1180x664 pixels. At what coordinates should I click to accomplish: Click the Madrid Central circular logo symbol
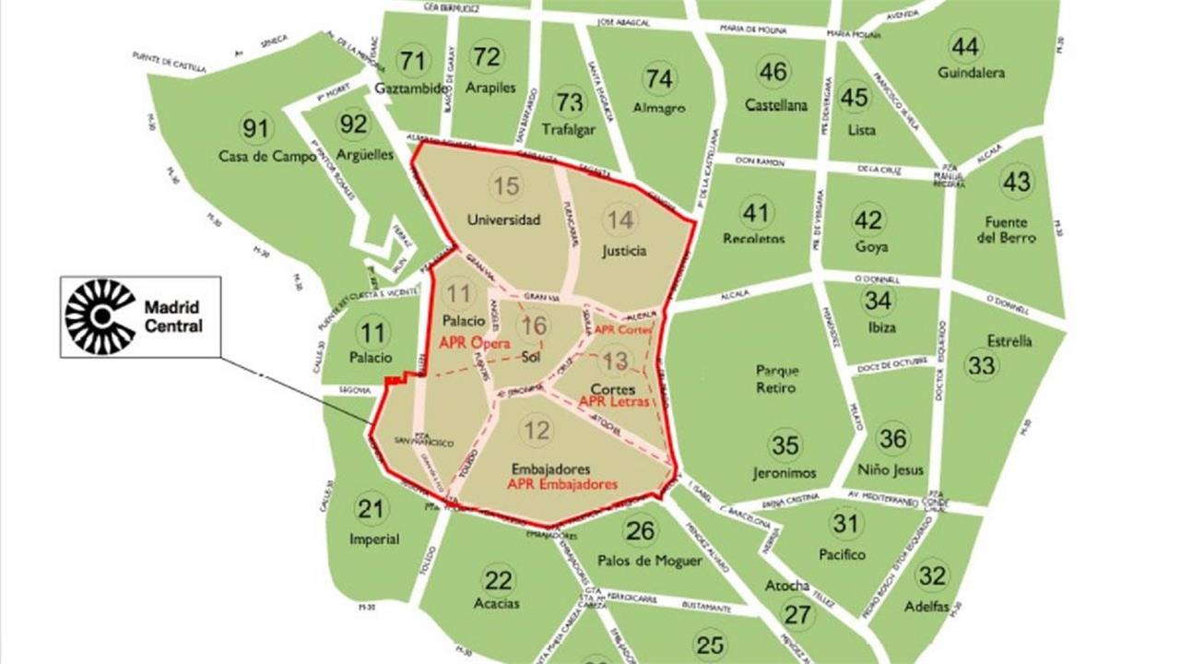tap(100, 316)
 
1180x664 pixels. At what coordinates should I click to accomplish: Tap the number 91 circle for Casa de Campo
tap(254, 127)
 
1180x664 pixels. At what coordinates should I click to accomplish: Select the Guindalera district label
tap(971, 72)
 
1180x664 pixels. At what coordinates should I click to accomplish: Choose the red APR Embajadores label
tap(562, 483)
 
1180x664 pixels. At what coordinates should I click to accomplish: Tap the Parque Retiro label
tap(776, 379)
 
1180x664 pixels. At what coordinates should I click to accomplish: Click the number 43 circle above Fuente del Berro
tap(1016, 182)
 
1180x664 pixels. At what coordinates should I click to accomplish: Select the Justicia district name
tap(624, 250)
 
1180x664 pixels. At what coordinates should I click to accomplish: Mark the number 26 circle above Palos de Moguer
tap(640, 530)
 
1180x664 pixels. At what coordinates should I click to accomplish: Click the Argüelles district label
tap(353, 154)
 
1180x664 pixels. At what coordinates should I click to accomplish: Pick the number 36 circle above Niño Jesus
tap(892, 439)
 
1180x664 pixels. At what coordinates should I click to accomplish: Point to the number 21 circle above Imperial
tap(370, 509)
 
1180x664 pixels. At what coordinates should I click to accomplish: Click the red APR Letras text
tap(614, 401)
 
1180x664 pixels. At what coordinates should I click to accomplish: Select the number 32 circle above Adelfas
tap(932, 575)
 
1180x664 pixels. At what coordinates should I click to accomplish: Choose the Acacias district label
tap(497, 604)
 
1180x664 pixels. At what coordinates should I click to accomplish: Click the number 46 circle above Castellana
tap(773, 71)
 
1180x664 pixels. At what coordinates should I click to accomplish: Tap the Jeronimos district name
tap(785, 472)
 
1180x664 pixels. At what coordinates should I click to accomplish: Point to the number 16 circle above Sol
tap(533, 326)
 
